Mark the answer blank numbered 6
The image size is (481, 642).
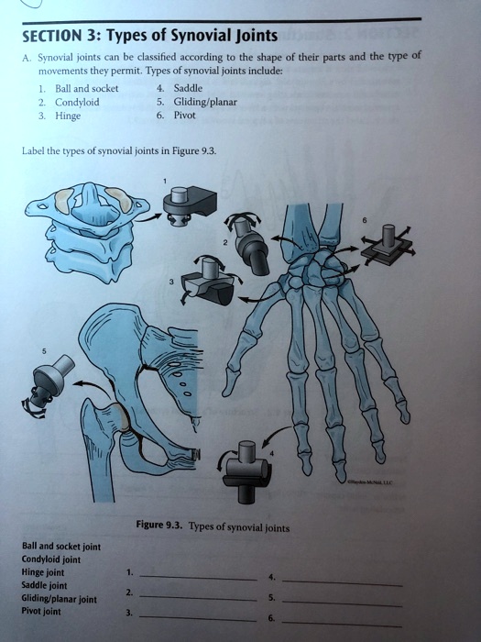pos(341,622)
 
